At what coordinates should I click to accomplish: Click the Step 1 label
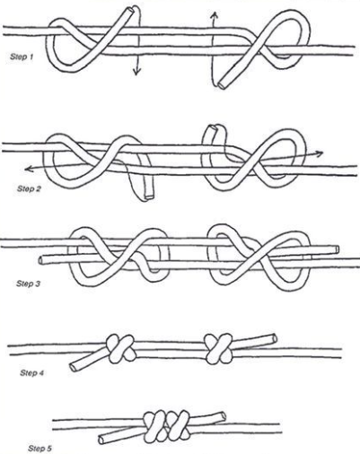(x=22, y=57)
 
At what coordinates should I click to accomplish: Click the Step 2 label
(x=29, y=188)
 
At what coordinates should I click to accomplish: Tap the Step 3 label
(x=28, y=284)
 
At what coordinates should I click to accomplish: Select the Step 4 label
(x=32, y=372)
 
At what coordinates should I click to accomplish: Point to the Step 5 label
(x=40, y=449)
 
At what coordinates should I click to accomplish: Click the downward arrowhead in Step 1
(x=136, y=72)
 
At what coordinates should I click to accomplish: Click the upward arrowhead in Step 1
(x=214, y=15)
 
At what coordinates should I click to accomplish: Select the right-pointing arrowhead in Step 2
(x=320, y=153)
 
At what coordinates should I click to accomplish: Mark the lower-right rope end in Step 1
(x=222, y=84)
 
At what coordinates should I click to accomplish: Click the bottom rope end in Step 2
(x=149, y=196)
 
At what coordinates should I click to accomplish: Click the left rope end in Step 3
(x=41, y=260)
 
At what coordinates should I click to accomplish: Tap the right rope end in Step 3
(x=337, y=249)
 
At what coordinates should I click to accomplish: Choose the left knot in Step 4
(x=120, y=348)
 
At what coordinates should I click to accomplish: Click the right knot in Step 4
(x=218, y=348)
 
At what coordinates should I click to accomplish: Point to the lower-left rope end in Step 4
(x=73, y=368)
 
